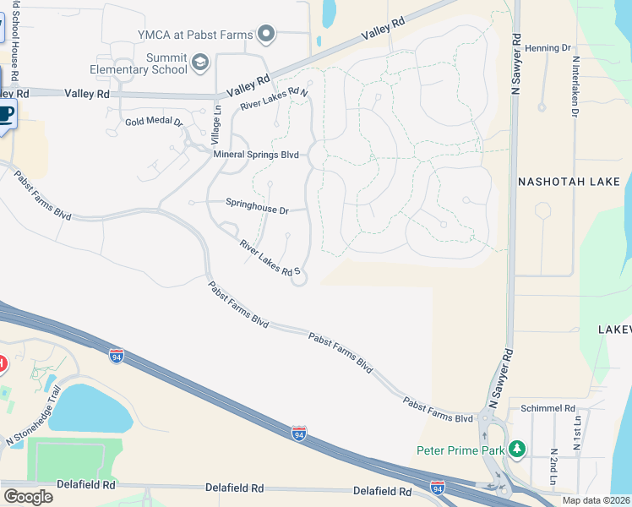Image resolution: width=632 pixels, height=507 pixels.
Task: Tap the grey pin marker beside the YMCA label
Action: [267, 35]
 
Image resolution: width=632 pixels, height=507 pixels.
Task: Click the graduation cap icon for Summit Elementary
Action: [200, 62]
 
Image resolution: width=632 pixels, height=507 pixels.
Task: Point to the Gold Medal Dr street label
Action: [154, 122]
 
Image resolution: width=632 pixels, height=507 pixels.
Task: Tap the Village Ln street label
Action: [216, 123]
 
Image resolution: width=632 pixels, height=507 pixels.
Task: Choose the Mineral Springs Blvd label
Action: [257, 155]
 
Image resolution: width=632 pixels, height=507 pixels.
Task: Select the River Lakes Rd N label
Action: [273, 99]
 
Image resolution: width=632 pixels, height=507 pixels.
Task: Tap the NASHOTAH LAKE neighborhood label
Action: [569, 182]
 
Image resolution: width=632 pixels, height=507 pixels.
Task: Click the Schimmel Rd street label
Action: [548, 407]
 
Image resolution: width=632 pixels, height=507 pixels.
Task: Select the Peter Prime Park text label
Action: [459, 450]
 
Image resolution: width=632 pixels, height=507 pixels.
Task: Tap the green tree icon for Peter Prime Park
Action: [515, 450]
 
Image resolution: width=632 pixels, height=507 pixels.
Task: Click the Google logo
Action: [28, 496]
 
